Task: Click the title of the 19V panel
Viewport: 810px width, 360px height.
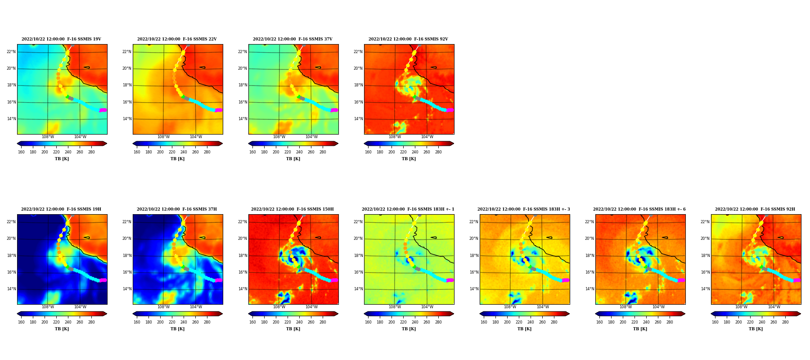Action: click(61, 39)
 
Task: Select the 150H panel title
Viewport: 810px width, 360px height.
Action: click(292, 209)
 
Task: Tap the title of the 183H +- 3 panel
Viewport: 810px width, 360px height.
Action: click(524, 209)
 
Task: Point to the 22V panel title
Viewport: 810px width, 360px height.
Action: click(177, 39)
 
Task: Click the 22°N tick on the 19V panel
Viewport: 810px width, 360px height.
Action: click(11, 52)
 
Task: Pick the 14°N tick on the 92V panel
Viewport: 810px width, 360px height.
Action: click(358, 119)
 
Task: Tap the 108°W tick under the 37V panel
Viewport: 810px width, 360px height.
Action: click(279, 137)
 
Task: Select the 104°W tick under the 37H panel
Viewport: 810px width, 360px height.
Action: click(196, 307)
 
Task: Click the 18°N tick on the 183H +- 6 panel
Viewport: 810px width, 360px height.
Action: click(589, 256)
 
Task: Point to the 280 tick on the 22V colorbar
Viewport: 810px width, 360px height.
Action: click(207, 152)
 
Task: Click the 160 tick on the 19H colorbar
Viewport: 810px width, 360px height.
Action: click(21, 322)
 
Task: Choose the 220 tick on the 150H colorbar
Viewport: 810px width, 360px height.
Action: click(288, 322)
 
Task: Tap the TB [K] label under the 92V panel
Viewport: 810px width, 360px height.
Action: click(409, 159)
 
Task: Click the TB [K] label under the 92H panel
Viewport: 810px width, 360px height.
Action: click(756, 329)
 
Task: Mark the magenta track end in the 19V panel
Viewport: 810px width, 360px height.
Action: click(103, 110)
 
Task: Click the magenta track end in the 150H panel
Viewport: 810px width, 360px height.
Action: click(334, 280)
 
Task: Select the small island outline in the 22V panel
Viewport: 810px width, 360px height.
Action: click(202, 67)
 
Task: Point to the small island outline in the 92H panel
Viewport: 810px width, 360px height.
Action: click(781, 238)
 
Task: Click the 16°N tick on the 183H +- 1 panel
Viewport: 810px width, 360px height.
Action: click(358, 272)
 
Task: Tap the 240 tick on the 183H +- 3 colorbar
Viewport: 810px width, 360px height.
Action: click(531, 322)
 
